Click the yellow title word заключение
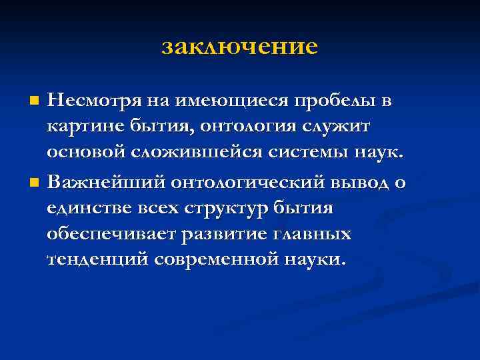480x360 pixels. (x=240, y=47)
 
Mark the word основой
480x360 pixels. (x=87, y=153)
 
